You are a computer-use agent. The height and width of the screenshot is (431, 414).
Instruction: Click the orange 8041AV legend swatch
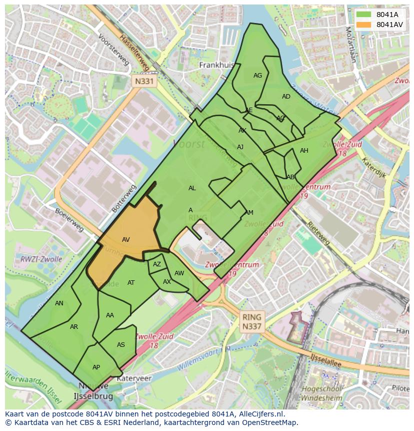[365, 25]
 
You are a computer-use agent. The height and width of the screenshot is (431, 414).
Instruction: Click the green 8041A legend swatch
[365, 15]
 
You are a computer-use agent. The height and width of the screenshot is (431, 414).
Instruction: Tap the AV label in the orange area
[126, 240]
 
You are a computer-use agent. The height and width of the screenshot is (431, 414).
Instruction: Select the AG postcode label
[257, 76]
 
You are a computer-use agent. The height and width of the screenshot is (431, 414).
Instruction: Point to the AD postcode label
[286, 97]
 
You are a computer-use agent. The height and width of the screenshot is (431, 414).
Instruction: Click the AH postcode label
[304, 151]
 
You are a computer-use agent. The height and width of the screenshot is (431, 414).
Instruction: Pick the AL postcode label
[192, 188]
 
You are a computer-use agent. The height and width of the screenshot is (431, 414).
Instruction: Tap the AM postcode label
[249, 213]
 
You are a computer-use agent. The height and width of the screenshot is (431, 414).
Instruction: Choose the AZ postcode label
[157, 264]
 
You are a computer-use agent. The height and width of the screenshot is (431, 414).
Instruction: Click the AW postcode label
[179, 273]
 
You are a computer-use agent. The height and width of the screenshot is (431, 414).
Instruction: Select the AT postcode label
[131, 283]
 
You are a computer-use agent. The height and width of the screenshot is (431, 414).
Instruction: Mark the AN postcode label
[59, 303]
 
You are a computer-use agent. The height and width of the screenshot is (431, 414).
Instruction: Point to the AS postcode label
[121, 345]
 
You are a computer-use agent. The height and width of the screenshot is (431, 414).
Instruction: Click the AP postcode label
[96, 367]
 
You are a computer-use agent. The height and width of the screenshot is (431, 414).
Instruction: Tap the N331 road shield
[145, 81]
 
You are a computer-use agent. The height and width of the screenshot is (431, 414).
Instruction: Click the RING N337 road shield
[251, 322]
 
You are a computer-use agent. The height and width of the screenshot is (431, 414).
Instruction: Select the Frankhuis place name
[217, 65]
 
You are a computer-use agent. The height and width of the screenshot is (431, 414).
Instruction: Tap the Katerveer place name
[134, 379]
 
